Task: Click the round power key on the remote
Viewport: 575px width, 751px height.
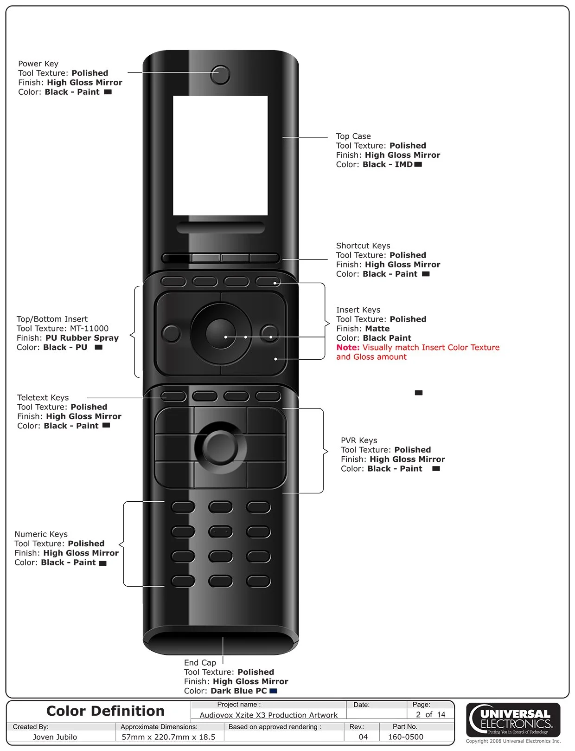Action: [220, 75]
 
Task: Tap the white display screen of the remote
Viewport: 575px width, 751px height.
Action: [220, 155]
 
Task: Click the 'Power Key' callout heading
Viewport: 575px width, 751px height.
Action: [38, 64]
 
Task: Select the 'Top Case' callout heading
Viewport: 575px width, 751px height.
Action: [353, 136]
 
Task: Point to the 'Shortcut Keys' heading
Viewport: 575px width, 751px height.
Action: [363, 246]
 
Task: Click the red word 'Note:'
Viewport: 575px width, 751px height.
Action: [348, 347]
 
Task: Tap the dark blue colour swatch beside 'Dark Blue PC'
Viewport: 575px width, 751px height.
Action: [273, 691]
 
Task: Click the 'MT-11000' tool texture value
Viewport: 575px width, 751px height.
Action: [89, 328]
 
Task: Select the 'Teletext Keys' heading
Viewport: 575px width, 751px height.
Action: [43, 397]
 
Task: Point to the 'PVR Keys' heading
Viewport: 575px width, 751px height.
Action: [359, 440]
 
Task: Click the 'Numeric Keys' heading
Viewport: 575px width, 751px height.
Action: [41, 534]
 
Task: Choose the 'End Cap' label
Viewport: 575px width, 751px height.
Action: [200, 662]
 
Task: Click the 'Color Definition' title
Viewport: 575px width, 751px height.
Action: [105, 711]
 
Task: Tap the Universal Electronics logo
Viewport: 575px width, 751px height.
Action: [514, 719]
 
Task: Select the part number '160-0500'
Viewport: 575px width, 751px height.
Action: [405, 737]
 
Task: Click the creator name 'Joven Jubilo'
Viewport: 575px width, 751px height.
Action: [55, 737]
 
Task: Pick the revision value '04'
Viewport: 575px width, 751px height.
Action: [363, 737]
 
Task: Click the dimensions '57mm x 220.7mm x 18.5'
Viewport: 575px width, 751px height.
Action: [168, 737]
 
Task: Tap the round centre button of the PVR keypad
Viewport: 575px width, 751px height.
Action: [221, 447]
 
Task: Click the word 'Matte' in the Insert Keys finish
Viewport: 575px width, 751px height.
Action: [377, 329]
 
